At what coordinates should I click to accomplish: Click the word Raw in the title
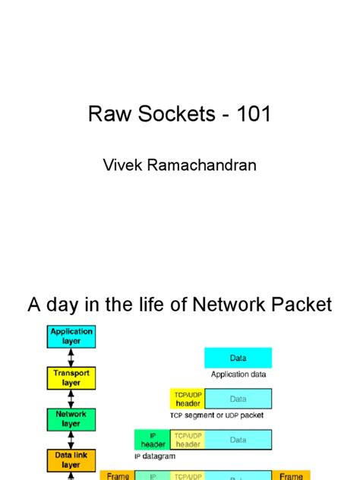coord(106,115)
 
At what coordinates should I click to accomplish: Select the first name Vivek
coord(124,165)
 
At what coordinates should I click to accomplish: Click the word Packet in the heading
coord(301,305)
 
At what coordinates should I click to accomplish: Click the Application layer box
coord(71,336)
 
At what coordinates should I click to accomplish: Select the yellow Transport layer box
coord(71,378)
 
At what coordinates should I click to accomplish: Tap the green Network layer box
coord(71,419)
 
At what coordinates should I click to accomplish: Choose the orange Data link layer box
coord(71,459)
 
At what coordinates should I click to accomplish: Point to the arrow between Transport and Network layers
coord(71,399)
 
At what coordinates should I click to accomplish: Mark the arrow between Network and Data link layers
coord(71,440)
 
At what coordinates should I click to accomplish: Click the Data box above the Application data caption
coord(238,358)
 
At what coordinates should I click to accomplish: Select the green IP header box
coord(153,440)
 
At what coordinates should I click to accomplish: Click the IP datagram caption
coord(155,456)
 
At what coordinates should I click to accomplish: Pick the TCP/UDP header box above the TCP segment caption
coord(188,399)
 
